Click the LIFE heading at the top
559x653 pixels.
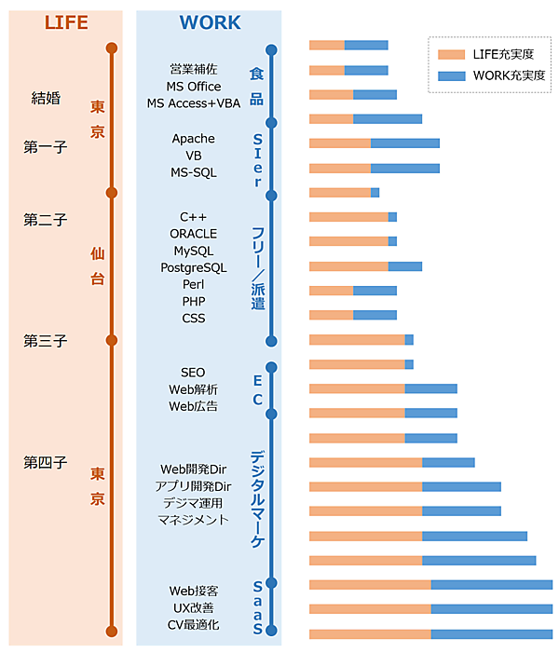coord(67,22)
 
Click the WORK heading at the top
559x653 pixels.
coord(210,22)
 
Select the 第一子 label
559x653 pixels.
coord(46,146)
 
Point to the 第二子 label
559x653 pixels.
coord(46,220)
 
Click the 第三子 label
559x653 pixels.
coord(46,341)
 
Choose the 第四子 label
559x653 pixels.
coord(46,462)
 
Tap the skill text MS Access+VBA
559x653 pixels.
coord(194,103)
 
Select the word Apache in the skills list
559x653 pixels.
coord(194,139)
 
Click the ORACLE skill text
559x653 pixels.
coord(194,234)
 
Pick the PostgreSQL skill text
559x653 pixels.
coord(194,267)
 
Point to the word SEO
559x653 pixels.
coord(194,373)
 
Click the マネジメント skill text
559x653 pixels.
coord(194,520)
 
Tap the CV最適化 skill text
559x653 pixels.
coord(194,624)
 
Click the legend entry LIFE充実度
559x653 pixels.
coord(502,54)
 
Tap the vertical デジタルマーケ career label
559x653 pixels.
coord(257,498)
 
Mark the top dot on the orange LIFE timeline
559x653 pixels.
coord(112,48)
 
